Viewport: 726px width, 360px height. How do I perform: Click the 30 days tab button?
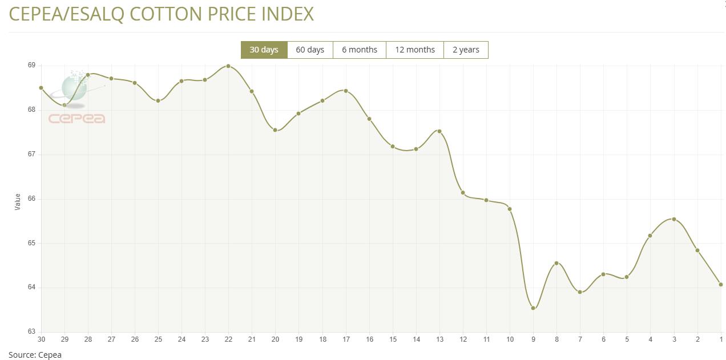pyautogui.click(x=264, y=50)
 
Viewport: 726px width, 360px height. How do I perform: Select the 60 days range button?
pyautogui.click(x=310, y=50)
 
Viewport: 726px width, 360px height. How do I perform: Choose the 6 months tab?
pyautogui.click(x=360, y=50)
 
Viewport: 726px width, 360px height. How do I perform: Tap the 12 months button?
pyautogui.click(x=415, y=50)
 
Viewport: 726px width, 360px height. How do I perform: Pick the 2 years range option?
pyautogui.click(x=466, y=50)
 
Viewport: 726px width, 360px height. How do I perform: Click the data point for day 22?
pyautogui.click(x=228, y=66)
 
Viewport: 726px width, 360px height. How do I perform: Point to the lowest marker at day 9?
pyautogui.click(x=533, y=308)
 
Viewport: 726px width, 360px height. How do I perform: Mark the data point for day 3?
pyautogui.click(x=674, y=219)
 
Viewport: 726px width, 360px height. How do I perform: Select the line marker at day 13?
pyautogui.click(x=439, y=131)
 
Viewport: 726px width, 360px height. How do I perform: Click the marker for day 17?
pyautogui.click(x=346, y=91)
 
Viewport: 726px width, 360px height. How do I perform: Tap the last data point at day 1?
pyautogui.click(x=721, y=285)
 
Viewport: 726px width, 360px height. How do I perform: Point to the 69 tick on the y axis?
pyautogui.click(x=31, y=66)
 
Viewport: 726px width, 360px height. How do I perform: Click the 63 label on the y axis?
pyautogui.click(x=31, y=331)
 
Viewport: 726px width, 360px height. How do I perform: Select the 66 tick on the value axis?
pyautogui.click(x=31, y=199)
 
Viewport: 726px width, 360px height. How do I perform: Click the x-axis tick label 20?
pyautogui.click(x=275, y=339)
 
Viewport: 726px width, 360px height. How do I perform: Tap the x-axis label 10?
pyautogui.click(x=510, y=339)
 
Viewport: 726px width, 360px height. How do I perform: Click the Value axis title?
pyautogui.click(x=18, y=201)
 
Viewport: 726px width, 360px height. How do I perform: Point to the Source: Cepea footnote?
pyautogui.click(x=35, y=355)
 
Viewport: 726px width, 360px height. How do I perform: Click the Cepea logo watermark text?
pyautogui.click(x=77, y=119)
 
